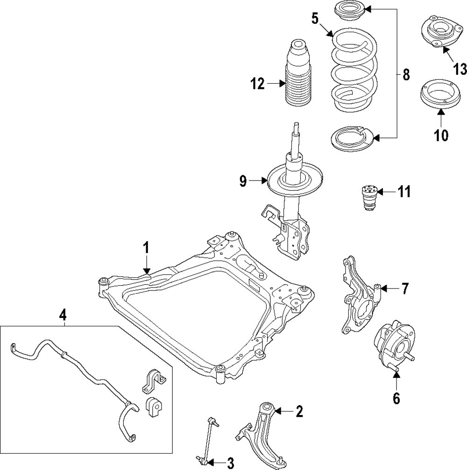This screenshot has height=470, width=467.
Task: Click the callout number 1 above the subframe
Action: (x=146, y=248)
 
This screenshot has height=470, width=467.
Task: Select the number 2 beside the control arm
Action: (x=298, y=412)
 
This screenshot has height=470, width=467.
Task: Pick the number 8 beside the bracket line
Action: (x=405, y=74)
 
